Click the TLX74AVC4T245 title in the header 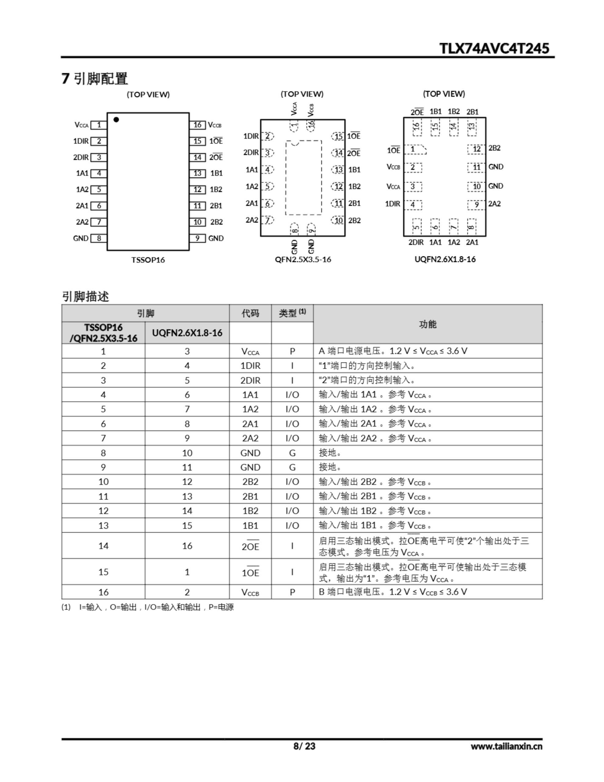pyautogui.click(x=494, y=48)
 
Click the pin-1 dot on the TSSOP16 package pyautogui.click(x=116, y=120)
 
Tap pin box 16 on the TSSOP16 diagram pyautogui.click(x=197, y=125)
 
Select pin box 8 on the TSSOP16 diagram pyautogui.click(x=99, y=238)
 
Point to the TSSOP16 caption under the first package pyautogui.click(x=148, y=260)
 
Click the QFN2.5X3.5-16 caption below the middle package pyautogui.click(x=303, y=259)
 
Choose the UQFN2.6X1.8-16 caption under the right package pyautogui.click(x=445, y=259)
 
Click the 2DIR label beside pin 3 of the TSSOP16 pyautogui.click(x=81, y=157)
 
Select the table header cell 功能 pyautogui.click(x=428, y=324)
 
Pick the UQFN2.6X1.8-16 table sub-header pyautogui.click(x=187, y=333)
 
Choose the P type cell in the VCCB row pyautogui.click(x=292, y=592)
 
